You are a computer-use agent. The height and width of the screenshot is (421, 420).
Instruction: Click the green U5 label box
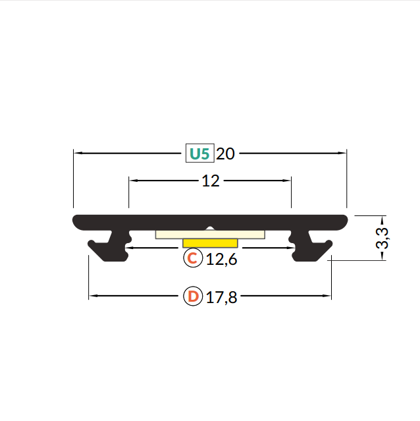point(200,153)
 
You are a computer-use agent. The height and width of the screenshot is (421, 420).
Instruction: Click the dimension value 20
point(225,154)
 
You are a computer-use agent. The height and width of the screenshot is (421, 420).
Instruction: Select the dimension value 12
point(211,181)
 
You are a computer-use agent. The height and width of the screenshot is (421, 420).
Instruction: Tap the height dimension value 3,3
point(382,238)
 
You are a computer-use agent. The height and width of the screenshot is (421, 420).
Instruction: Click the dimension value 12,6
point(222,260)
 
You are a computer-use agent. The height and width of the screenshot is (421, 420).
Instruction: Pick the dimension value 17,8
point(222,298)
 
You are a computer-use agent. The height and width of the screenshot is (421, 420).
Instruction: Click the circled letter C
point(193,258)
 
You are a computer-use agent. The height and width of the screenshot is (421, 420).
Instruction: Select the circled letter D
point(193,296)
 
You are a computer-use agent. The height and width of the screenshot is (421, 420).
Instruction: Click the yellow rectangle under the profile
point(210,243)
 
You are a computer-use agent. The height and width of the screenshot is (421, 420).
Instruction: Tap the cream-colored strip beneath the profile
point(210,235)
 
